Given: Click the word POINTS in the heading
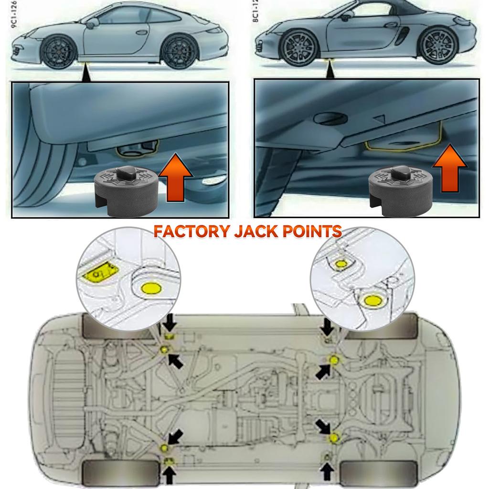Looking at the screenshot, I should pos(310,232).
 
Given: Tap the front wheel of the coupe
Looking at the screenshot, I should pos(58,51).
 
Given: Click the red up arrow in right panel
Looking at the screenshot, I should pos(449,170).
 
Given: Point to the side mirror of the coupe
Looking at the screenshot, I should pos(94,21).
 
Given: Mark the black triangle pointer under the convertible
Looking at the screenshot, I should pos(329,72).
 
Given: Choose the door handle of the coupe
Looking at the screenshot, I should pos(141,33).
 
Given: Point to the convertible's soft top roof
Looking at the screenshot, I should pos(396,10).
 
